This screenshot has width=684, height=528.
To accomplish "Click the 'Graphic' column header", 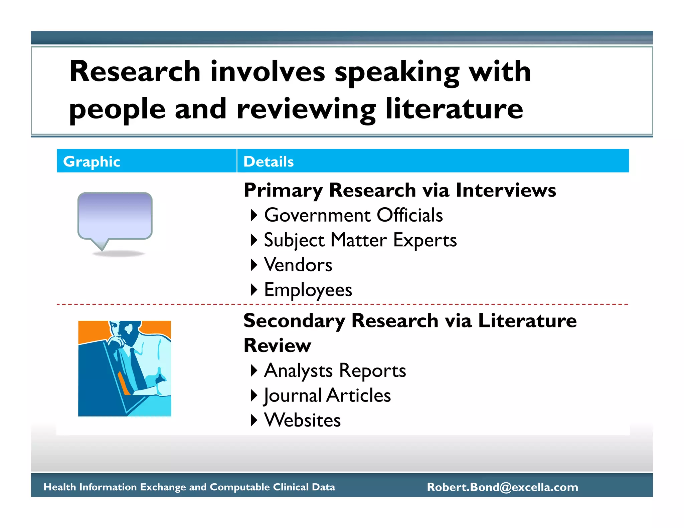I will [92, 162].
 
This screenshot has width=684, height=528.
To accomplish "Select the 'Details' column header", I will [269, 162].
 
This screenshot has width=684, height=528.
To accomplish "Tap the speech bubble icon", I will [115, 217].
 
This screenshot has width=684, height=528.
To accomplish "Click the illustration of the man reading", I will [125, 368].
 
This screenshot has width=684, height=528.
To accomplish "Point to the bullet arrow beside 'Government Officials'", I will [254, 215].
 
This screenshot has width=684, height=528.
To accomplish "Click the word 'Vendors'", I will [298, 265].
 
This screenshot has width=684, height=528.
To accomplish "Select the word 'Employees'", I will [308, 290].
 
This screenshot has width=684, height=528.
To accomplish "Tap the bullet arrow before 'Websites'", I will [254, 420].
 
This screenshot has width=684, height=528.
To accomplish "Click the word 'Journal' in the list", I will [293, 396].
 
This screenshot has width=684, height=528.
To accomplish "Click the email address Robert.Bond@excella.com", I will [502, 487].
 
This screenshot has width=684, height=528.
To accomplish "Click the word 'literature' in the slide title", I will [454, 109].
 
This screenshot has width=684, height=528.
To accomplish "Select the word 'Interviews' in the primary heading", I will [506, 190].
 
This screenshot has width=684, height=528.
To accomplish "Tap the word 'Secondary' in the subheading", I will [294, 321].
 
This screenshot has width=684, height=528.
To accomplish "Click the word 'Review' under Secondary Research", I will [277, 345].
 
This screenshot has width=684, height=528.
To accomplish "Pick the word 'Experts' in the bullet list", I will [425, 240].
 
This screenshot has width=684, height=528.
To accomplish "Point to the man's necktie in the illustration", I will [137, 367].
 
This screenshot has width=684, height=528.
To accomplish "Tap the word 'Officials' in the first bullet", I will [410, 215].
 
